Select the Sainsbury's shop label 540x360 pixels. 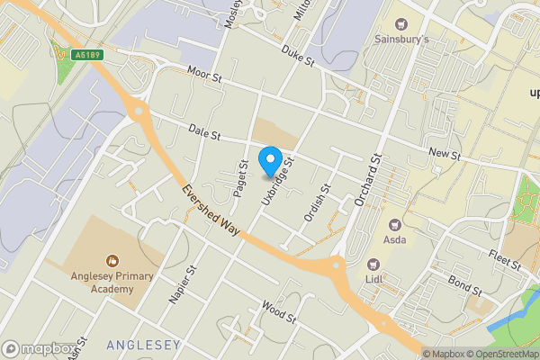click(x=400, y=40)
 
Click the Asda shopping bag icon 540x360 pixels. click(x=393, y=224)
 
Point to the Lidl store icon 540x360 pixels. click(x=373, y=264)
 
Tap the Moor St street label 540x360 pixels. click(x=204, y=74)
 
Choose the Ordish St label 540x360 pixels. click(x=316, y=202)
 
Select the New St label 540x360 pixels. click(x=445, y=155)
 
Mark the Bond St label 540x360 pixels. click(x=465, y=287)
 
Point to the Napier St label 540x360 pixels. click(x=183, y=284)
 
